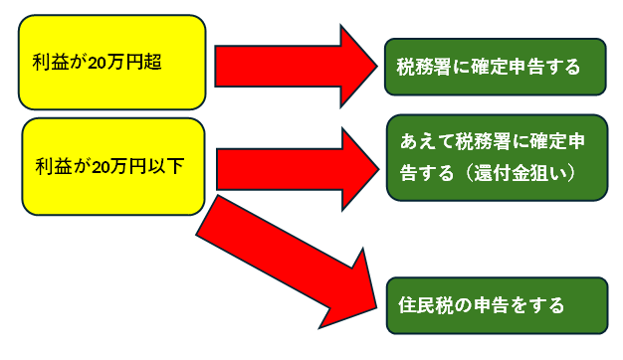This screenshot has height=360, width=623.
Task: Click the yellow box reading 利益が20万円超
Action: [112, 62]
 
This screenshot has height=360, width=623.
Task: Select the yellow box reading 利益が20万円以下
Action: [112, 166]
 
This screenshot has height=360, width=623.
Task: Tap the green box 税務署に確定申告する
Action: [496, 67]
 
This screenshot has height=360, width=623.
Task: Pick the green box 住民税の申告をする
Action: [496, 304]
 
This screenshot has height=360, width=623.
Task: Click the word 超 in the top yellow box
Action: [153, 62]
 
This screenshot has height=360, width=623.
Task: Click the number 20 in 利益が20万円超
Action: [99, 62]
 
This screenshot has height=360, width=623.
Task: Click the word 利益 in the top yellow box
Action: [50, 62]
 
